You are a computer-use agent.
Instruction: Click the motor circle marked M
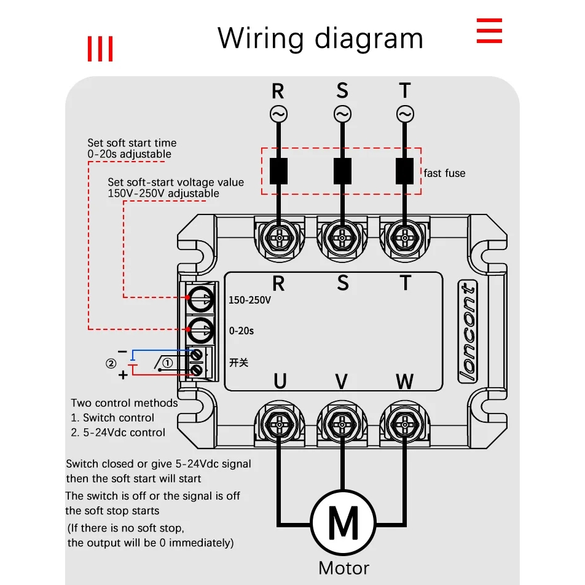343,524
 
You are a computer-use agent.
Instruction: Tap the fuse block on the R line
279,171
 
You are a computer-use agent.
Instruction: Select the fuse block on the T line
404,171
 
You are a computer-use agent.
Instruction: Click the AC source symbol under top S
342,114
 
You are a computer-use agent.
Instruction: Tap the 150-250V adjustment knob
200,299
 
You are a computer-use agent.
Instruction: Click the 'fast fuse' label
444,173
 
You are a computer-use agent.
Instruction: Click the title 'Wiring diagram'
320,38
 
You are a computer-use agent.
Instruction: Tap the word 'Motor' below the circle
344,568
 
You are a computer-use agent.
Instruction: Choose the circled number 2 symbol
111,363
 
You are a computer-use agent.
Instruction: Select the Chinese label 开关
238,363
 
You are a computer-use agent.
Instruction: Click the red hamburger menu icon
490,31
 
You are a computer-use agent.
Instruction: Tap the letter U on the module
280,382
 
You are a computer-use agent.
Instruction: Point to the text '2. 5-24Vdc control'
118,433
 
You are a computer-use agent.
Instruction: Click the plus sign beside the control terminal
123,374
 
